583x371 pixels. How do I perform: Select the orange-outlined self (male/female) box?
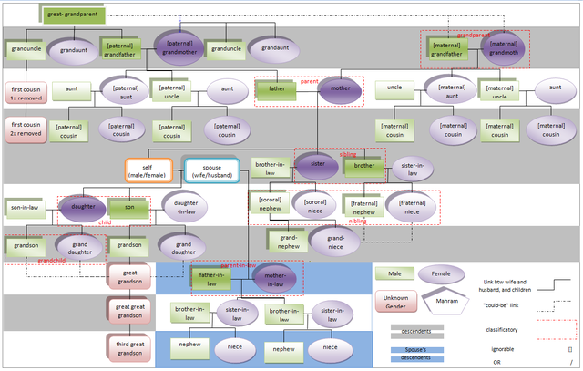point(148,170)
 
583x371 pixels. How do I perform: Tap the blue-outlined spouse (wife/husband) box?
point(211,170)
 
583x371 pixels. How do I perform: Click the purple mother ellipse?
point(340,90)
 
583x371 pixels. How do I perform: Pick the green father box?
point(277,90)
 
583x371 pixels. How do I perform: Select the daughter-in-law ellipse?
point(187,208)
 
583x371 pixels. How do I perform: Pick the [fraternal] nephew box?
point(363,206)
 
